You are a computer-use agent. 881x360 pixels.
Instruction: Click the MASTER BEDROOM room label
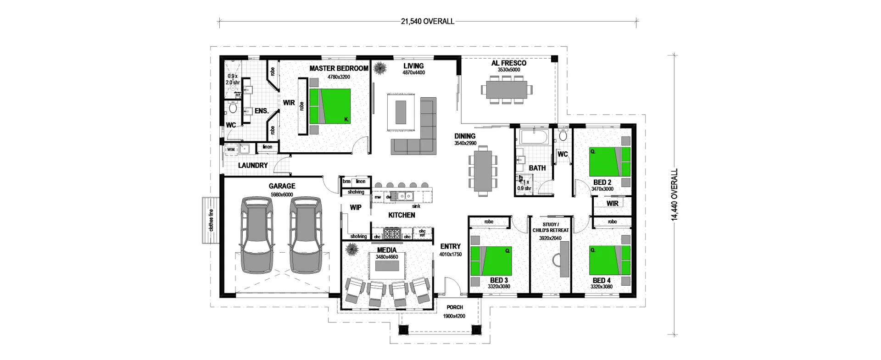339,68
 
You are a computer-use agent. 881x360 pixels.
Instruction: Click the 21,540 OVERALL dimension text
427,21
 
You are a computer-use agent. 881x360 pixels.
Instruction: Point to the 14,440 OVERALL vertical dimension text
675,195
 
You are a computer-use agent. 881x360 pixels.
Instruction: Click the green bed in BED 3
492,261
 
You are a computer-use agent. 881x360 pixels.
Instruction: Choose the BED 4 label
601,280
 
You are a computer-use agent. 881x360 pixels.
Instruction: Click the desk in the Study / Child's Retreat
563,259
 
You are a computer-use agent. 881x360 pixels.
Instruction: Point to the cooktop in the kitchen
392,234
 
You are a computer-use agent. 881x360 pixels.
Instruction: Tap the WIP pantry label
356,207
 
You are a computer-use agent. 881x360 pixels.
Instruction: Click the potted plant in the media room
352,249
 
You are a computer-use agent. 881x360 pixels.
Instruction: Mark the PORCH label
454,307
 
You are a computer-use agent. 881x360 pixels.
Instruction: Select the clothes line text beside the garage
211,220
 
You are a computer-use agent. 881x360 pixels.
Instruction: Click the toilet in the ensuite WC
232,109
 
